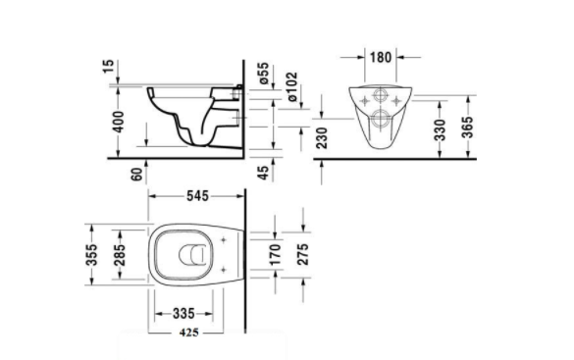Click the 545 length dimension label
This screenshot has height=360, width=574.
click(197, 196)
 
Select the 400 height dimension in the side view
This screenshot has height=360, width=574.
click(119, 122)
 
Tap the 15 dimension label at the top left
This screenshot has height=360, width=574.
click(108, 67)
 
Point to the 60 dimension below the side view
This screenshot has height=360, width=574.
click(136, 175)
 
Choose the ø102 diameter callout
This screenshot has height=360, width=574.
click(291, 86)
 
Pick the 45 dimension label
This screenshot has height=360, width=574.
click(263, 173)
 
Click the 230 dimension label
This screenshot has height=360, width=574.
click(322, 137)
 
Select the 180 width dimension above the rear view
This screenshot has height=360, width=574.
click(381, 57)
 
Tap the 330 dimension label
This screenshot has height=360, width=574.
click(441, 129)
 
